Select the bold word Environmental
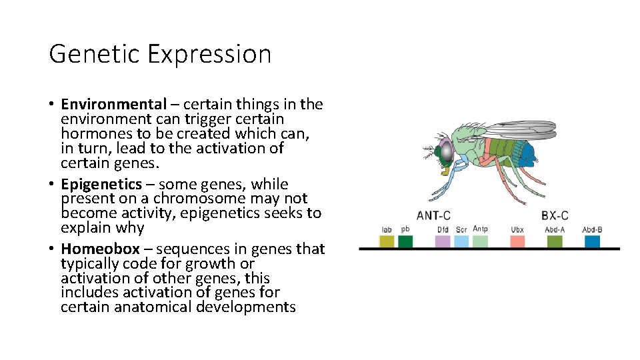(x=113, y=105)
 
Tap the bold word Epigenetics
(x=101, y=185)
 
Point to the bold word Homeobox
(x=100, y=249)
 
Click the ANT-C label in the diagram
(x=433, y=216)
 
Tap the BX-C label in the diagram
(x=555, y=216)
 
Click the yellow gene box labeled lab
(x=387, y=241)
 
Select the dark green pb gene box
(x=405, y=241)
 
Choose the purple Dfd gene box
(x=443, y=241)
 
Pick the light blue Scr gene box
(x=461, y=241)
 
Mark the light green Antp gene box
(x=480, y=241)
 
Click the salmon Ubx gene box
(x=517, y=241)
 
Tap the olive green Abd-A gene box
(x=555, y=241)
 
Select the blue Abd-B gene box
(x=592, y=241)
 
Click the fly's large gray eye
(x=445, y=153)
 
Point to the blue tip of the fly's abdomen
(x=530, y=157)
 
